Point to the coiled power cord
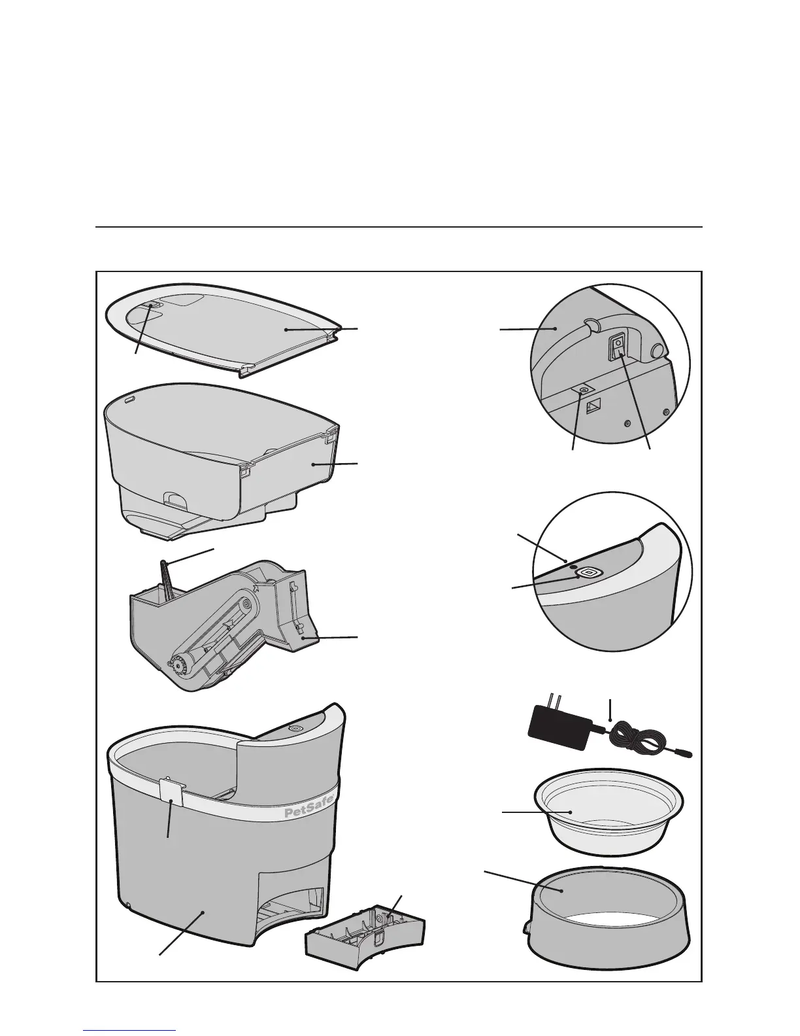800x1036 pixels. pyautogui.click(x=638, y=738)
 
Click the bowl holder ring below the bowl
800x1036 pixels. pyautogui.click(x=608, y=919)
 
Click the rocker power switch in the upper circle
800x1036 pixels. pyautogui.click(x=617, y=347)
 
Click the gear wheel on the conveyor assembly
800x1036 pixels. pyautogui.click(x=178, y=664)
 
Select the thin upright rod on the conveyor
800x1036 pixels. pyautogui.click(x=165, y=579)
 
